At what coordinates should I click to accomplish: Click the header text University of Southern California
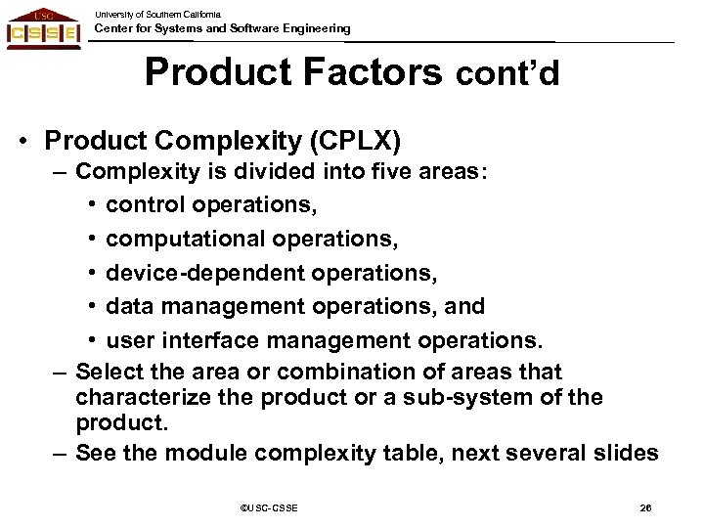[x=158, y=13]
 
